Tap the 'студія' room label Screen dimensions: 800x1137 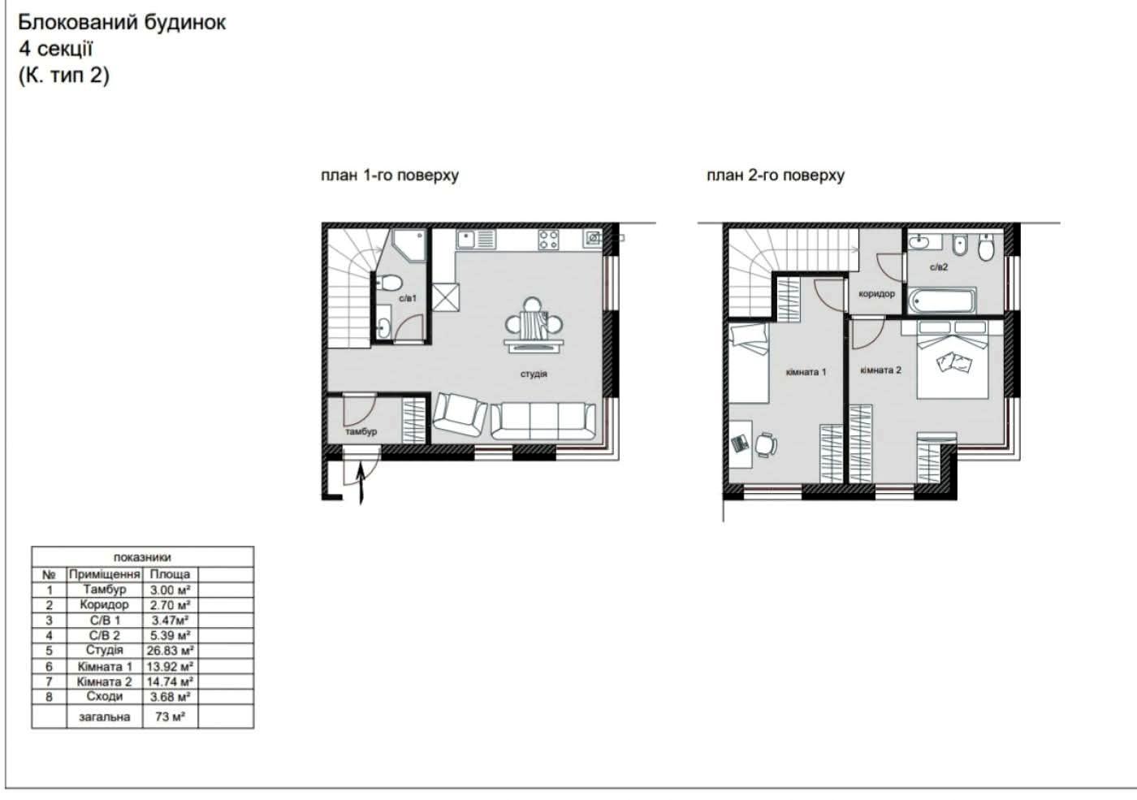534,374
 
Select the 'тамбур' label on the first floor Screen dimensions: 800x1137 361,432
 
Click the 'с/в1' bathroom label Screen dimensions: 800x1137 408,299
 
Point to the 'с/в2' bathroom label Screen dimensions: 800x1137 939,267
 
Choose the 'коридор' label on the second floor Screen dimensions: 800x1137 876,294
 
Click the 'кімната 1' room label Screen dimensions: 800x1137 806,372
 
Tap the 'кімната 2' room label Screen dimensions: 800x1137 880,370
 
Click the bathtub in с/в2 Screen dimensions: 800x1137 942,301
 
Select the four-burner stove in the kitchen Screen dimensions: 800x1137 548,239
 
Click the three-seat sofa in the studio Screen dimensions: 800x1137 543,420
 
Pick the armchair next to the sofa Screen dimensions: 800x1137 460,416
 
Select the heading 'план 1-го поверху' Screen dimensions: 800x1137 390,175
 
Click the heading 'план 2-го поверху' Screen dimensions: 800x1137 776,175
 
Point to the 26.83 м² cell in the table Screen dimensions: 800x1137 170,651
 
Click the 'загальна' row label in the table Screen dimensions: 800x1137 104,717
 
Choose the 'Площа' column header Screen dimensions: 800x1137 170,573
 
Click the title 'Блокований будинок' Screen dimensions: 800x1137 122,22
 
